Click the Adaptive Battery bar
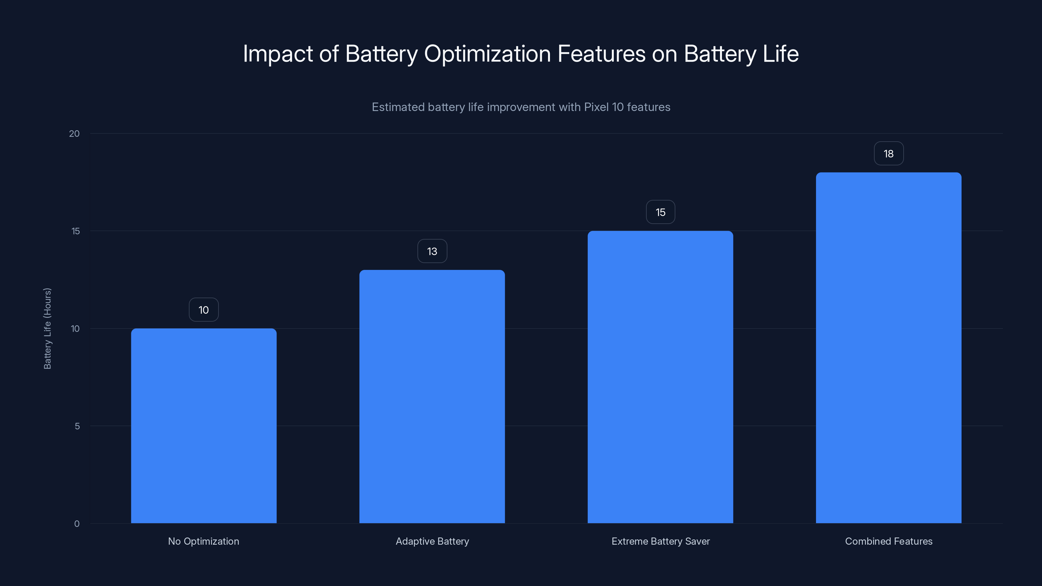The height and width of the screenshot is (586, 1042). pos(432,396)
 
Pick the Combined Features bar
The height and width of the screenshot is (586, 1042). pos(888,348)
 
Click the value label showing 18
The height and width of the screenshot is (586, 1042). pos(888,154)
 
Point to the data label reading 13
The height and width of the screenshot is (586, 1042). pos(432,251)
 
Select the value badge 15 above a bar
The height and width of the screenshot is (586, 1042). pos(660,212)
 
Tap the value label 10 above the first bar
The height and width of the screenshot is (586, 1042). pos(204,310)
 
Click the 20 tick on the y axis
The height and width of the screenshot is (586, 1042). pos(75,133)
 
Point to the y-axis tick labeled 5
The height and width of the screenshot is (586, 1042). pos(77,426)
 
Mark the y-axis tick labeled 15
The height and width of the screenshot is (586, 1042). pos(76,231)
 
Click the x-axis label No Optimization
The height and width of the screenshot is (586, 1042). pos(204,541)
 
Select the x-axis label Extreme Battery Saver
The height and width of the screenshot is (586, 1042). pos(660,541)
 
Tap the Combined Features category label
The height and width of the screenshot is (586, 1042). pos(888,541)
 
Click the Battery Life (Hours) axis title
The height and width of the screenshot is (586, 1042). pos(47,328)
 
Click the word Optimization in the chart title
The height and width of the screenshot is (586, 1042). pos(487,54)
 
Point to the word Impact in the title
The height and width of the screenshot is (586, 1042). pos(278,54)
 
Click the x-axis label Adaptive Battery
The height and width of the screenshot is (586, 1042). pos(432,541)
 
